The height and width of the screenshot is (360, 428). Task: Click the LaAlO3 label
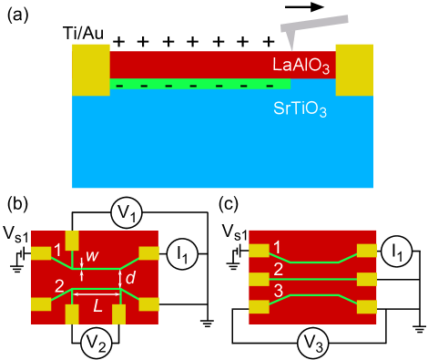coord(301,65)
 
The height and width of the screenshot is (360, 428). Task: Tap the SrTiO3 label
coord(300,108)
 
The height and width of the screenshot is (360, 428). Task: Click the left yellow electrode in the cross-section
coord(90,69)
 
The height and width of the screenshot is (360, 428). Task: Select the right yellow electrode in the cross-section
coord(354,69)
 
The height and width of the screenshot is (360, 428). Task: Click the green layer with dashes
coord(200,84)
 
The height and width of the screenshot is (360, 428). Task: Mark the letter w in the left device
coord(92,256)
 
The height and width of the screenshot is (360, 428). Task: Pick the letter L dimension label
coord(97,308)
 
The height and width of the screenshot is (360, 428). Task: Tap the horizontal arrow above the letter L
coord(97,294)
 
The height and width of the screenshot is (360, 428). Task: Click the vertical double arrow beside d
coord(121,278)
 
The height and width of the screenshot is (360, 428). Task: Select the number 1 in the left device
coord(57,250)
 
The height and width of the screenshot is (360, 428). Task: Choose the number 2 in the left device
coord(58,287)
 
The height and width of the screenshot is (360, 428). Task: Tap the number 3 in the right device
coord(278,291)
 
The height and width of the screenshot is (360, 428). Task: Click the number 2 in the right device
coord(278,269)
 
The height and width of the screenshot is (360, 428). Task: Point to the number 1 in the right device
coord(277,247)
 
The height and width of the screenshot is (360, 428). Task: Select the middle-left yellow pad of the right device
coord(259,279)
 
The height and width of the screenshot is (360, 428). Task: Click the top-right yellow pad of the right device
coord(367,250)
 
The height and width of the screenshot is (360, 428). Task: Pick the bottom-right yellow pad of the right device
coord(367,307)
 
